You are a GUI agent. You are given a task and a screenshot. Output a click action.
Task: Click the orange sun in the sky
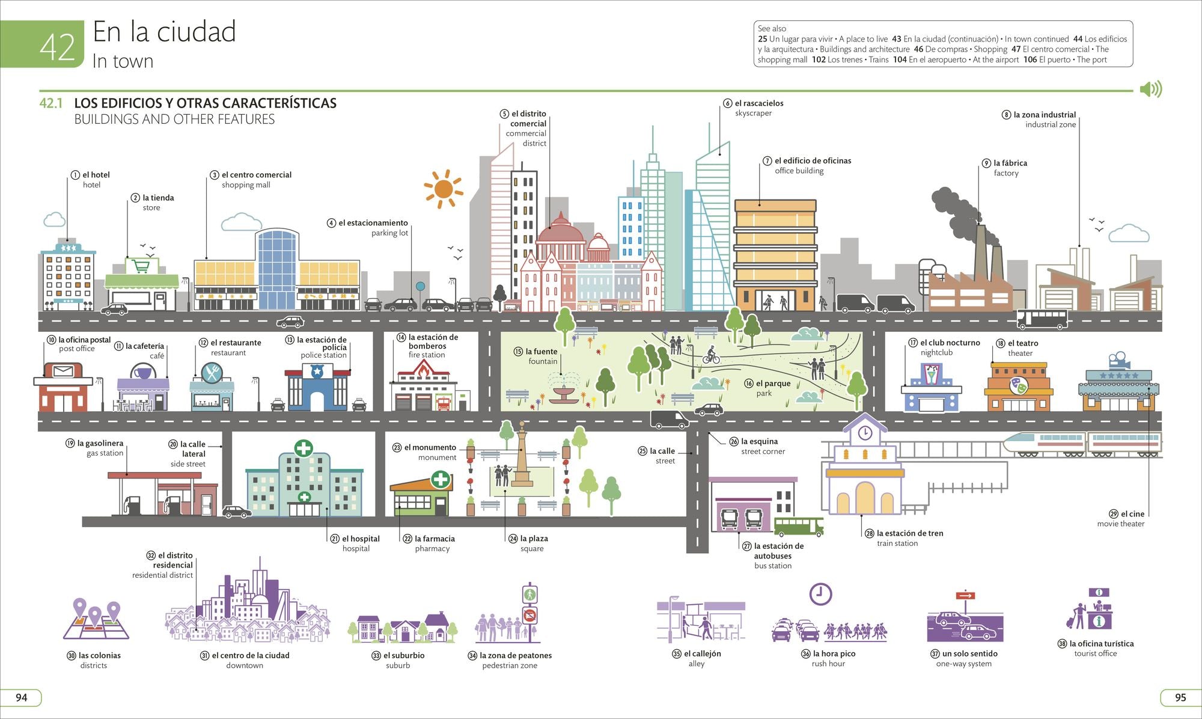point(444,189)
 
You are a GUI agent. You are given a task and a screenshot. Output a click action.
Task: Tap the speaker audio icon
point(1151,90)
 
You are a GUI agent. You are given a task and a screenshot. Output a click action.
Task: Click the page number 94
point(22,697)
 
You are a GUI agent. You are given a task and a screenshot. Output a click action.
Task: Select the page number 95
point(1180,697)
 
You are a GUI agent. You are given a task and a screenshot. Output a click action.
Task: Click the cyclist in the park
point(711,355)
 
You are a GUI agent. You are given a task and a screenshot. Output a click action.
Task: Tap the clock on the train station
point(865,433)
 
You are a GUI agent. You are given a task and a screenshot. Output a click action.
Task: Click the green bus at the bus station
point(798,527)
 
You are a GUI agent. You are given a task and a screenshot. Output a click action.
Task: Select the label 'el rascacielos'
point(759,103)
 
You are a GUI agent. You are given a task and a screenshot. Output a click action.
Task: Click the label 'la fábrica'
point(1010,163)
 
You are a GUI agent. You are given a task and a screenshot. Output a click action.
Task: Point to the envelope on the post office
point(63,370)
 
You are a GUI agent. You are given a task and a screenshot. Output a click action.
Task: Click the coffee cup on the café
point(142,373)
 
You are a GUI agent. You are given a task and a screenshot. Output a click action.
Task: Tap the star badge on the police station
point(317,372)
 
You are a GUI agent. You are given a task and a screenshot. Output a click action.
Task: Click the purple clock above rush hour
point(820,594)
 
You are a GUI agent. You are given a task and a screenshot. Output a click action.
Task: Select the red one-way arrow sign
point(966,596)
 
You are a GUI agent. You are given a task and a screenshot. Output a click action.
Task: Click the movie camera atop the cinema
point(1119,361)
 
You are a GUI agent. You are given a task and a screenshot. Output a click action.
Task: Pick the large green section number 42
point(57,47)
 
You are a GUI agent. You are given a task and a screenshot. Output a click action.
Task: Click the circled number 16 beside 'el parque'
point(749,384)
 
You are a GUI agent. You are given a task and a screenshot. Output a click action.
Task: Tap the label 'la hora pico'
point(834,653)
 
